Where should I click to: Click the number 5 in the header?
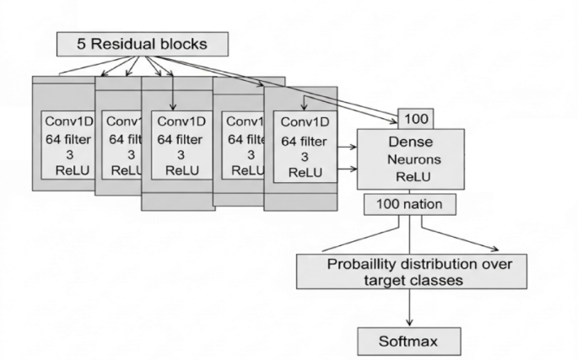[x=82, y=42]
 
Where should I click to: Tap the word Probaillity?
[x=366, y=264]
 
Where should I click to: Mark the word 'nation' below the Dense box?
[x=427, y=203]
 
